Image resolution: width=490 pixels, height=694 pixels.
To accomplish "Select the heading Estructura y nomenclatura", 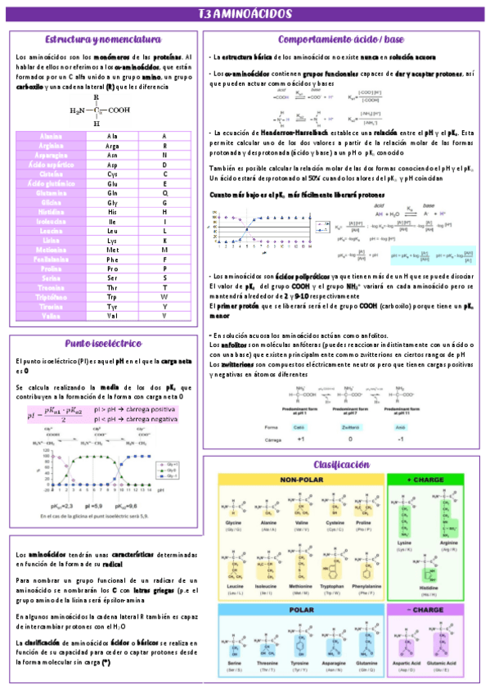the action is [102, 39].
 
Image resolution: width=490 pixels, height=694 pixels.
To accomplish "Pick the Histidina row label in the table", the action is [52, 212].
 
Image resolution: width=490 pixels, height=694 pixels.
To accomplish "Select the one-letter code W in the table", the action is [164, 296].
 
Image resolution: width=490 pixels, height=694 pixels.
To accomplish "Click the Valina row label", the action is [52, 315].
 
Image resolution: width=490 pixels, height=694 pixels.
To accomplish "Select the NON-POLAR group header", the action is [303, 480].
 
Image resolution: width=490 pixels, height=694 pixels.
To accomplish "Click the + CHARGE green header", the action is [425, 480].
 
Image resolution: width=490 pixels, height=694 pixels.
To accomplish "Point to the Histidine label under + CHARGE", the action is [425, 587].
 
